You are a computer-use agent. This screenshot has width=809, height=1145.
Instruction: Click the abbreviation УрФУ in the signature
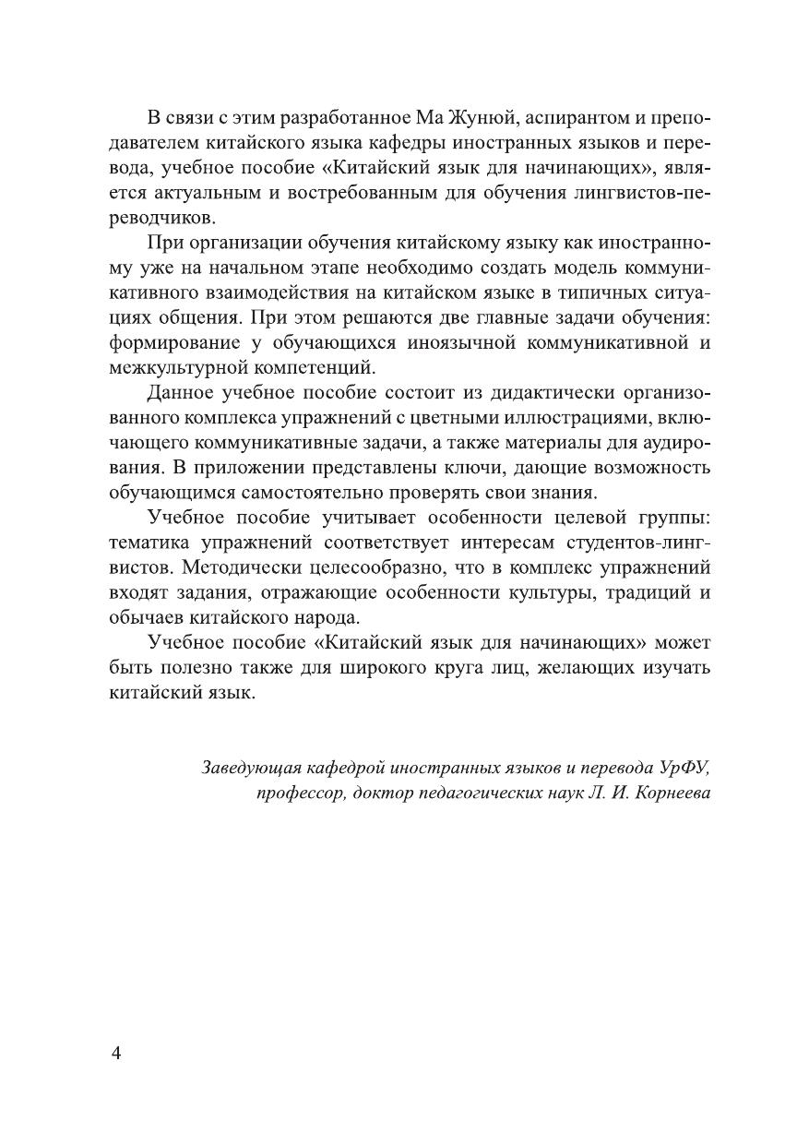point(685,768)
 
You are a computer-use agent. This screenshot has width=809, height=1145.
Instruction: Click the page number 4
point(116,1055)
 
